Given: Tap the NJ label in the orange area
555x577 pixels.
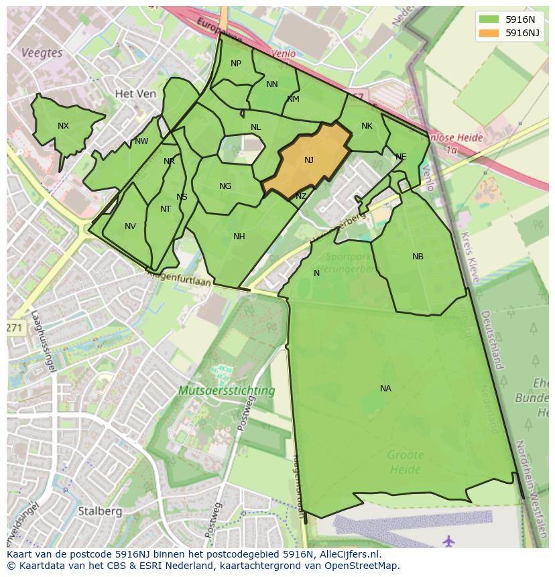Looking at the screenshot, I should (x=309, y=160).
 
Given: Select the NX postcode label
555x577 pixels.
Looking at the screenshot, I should (x=63, y=126).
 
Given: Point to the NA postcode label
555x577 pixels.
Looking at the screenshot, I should (x=385, y=389).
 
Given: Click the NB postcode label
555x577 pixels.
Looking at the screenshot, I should (x=418, y=257).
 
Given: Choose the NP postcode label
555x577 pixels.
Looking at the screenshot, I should (x=236, y=64).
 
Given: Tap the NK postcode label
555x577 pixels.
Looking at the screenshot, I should (x=367, y=126).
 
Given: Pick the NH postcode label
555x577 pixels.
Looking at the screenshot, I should (x=239, y=237).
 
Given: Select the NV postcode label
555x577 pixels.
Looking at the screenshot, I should (x=130, y=227).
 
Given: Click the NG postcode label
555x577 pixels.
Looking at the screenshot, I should (x=225, y=186).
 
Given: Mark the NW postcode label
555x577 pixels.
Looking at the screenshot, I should (x=141, y=141).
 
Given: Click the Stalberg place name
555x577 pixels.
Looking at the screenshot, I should (x=100, y=511).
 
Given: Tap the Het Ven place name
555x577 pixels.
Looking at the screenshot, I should (x=135, y=94).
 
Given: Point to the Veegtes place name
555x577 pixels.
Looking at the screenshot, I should (x=42, y=53).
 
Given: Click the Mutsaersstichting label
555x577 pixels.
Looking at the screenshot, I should (x=227, y=390).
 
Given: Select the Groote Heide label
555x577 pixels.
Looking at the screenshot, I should (x=405, y=462).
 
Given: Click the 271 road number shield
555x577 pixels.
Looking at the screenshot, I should (x=14, y=328).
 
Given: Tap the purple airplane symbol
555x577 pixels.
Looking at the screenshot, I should (x=448, y=539).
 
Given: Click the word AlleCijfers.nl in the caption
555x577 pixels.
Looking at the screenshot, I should (x=348, y=554).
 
